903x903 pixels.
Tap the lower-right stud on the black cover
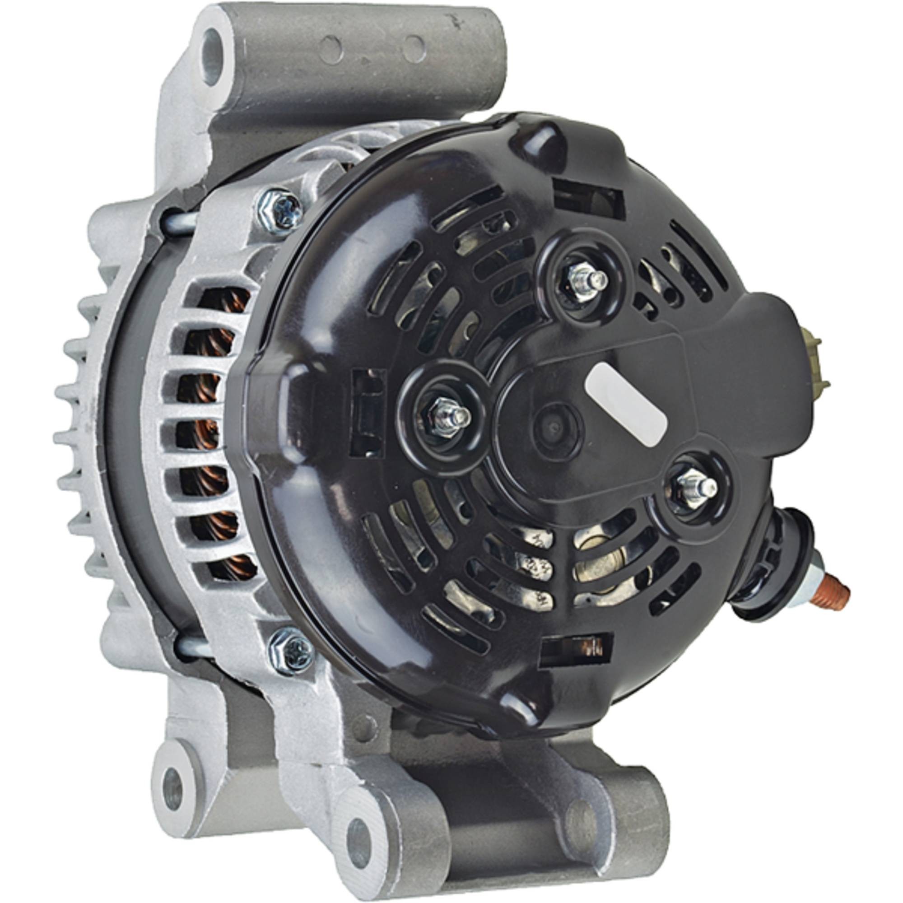click(x=696, y=486)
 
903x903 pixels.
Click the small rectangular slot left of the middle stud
click(x=369, y=411)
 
